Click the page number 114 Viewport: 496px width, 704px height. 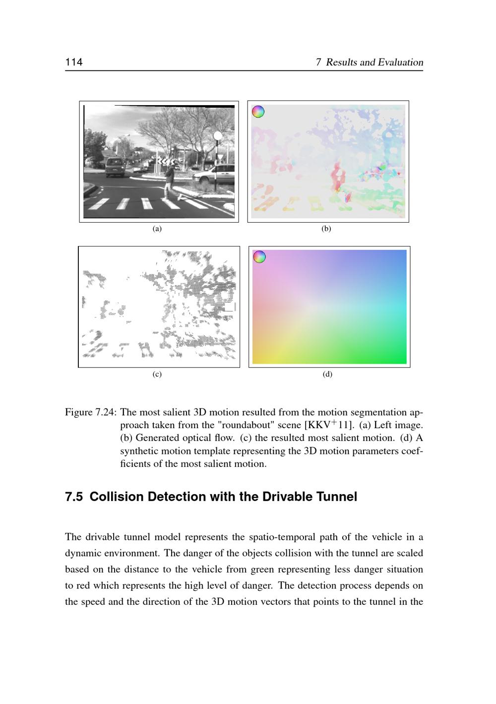pyautogui.click(x=73, y=63)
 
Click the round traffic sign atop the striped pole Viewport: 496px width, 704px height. pyautogui.click(x=217, y=136)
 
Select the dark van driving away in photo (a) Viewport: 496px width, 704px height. pyautogui.click(x=116, y=167)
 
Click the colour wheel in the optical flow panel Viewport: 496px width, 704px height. pyautogui.click(x=258, y=112)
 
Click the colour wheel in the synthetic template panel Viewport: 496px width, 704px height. pyautogui.click(x=259, y=257)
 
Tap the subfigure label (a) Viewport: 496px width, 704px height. pyautogui.click(x=157, y=229)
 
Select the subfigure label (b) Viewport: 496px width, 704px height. pyautogui.click(x=326, y=229)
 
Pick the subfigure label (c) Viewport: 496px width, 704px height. pyautogui.click(x=157, y=374)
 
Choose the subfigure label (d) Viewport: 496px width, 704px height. pyautogui.click(x=327, y=374)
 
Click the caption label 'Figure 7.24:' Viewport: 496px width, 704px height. pyautogui.click(x=91, y=412)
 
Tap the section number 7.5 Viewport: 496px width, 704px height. pyautogui.click(x=74, y=497)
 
